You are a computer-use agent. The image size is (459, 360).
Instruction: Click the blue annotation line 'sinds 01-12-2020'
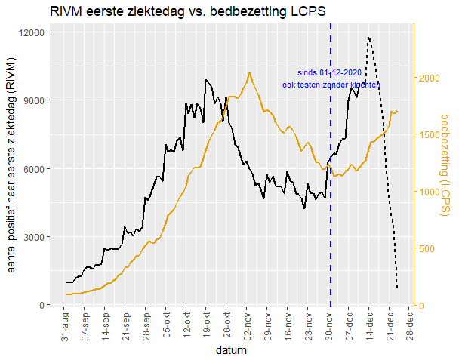tap(330, 72)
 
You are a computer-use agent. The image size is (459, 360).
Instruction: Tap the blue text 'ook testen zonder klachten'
tap(330, 85)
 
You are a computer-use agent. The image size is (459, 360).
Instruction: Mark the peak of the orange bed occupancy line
tap(248, 73)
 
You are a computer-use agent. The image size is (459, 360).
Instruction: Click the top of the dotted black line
tap(368, 37)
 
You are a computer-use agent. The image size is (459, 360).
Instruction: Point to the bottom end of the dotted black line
tap(397, 288)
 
